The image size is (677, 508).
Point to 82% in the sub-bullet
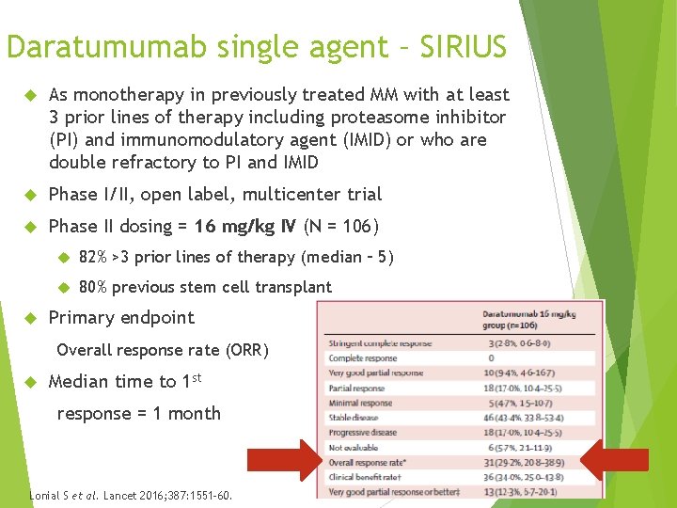(x=94, y=257)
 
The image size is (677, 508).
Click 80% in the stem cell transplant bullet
(x=94, y=287)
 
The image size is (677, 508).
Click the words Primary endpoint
(x=121, y=317)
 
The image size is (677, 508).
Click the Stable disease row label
(x=354, y=418)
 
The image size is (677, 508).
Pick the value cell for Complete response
(x=490, y=358)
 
